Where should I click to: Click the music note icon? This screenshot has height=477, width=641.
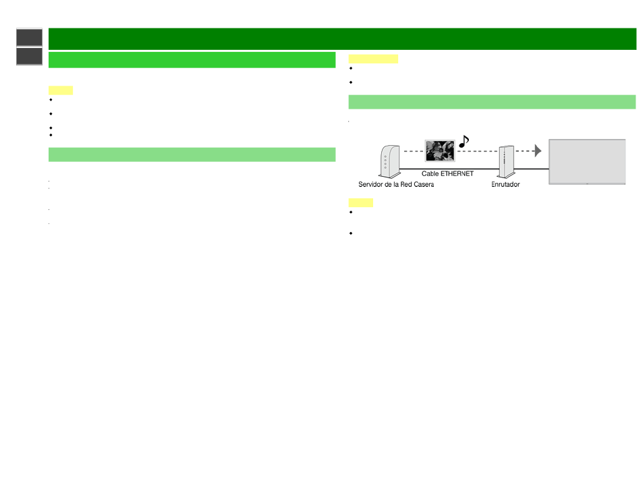pos(464,142)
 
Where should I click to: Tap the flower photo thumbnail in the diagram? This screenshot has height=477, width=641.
pos(440,150)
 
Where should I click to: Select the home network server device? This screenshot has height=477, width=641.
pos(389,161)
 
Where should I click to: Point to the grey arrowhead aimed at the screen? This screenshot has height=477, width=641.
pos(538,151)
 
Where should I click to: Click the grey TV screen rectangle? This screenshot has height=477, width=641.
pos(587,162)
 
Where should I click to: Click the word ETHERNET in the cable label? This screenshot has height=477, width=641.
pos(457,173)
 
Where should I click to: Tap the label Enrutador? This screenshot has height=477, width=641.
pos(505,184)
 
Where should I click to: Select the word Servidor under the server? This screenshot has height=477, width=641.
pos(371,184)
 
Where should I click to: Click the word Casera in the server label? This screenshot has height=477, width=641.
pos(424,184)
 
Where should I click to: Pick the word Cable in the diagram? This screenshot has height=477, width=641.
pos(430,173)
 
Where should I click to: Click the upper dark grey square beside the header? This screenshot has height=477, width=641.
pos(30,37)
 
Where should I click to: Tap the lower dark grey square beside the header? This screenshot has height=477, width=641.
pos(30,56)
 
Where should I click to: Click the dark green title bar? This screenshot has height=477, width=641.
pos(342,39)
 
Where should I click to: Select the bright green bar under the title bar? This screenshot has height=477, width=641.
pos(192,59)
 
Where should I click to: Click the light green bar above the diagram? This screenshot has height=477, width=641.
pos(492,102)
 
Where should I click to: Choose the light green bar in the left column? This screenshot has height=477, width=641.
pos(192,155)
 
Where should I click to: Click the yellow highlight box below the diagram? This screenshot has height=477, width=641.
pos(361,202)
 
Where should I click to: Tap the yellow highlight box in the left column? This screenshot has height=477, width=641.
pos(61,90)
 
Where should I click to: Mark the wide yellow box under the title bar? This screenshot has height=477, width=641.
pos(373,59)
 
